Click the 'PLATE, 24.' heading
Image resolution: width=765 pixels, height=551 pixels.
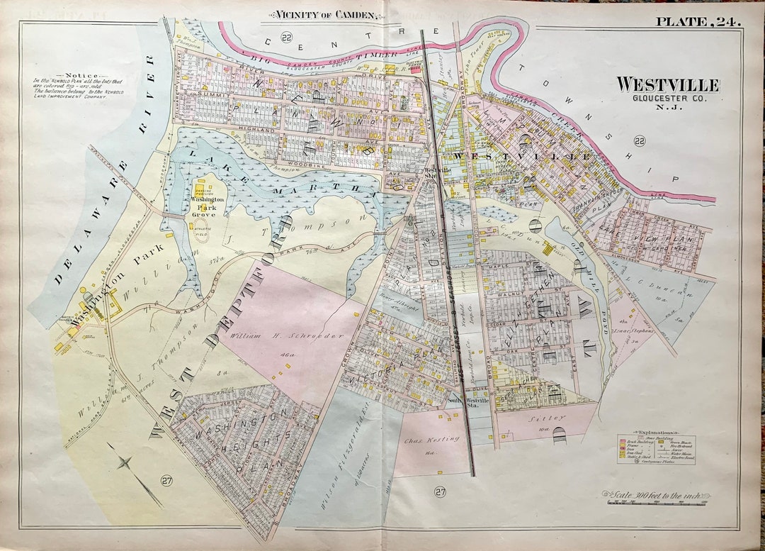(698, 21)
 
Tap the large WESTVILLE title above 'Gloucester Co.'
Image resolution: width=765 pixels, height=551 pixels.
(667, 85)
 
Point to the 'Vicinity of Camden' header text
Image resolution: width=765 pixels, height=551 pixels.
(323, 15)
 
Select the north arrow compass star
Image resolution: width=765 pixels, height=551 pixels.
(125, 464)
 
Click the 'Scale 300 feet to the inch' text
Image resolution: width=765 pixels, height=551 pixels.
(655, 496)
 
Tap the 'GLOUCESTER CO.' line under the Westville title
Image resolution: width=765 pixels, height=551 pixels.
(667, 98)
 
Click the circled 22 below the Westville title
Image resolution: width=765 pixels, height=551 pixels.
(640, 142)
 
